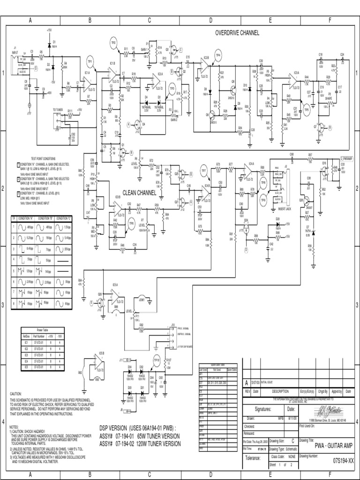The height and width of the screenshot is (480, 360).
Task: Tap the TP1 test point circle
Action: (90, 61)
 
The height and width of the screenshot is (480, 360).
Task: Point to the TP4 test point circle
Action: (217, 55)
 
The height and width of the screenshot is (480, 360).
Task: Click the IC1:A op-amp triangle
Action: (88, 82)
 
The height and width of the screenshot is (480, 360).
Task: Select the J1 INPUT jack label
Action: (15, 50)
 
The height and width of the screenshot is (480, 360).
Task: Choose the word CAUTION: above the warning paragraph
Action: (16, 394)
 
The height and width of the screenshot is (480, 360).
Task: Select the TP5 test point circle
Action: (307, 109)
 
